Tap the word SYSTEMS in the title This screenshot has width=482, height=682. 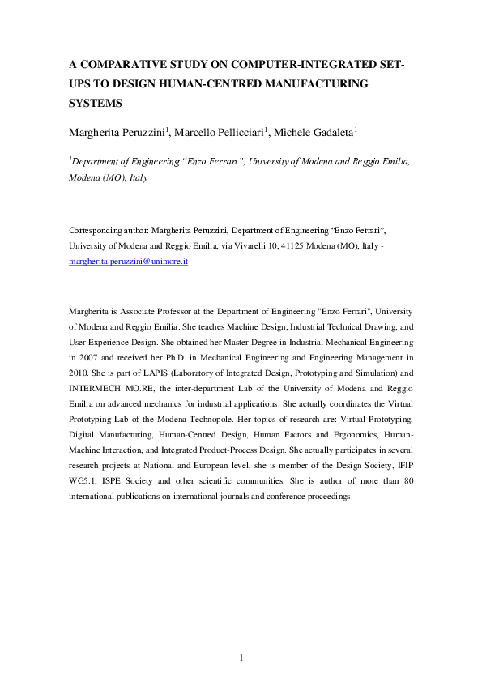click(x=95, y=104)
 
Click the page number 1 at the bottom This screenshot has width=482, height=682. click(x=241, y=656)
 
